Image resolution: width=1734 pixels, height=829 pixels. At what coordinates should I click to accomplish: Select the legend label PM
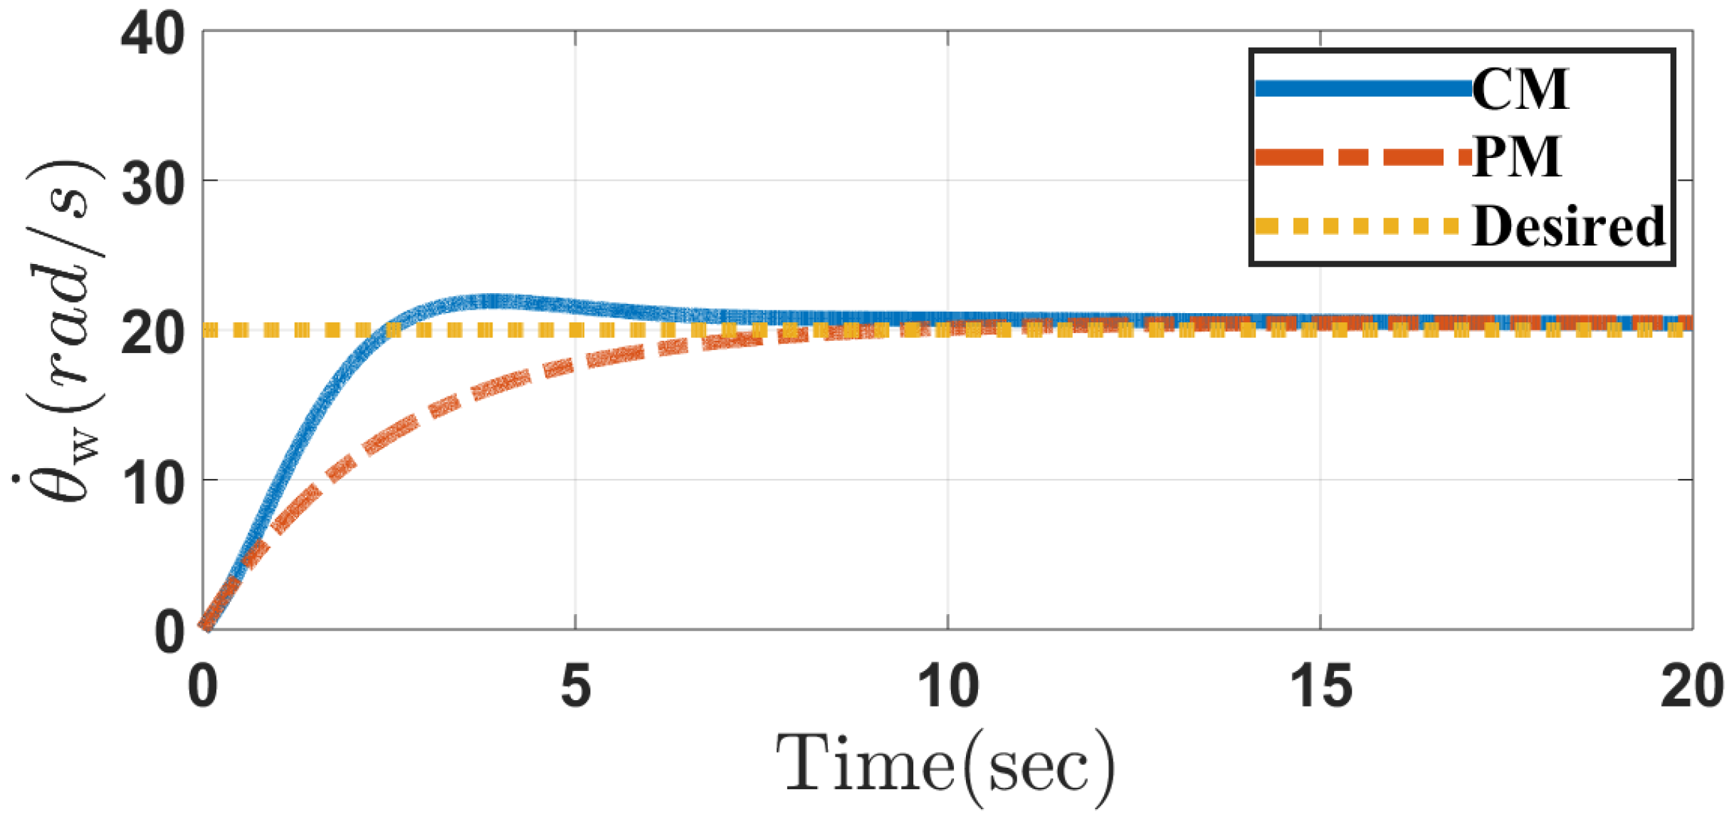point(1516,157)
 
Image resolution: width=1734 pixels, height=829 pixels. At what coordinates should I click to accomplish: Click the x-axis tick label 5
point(576,687)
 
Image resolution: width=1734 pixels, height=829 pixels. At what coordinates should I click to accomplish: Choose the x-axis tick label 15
point(1320,687)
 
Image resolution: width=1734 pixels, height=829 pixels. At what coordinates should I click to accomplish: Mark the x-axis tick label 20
point(1691,687)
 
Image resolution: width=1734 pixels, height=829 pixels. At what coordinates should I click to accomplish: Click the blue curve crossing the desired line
point(390,329)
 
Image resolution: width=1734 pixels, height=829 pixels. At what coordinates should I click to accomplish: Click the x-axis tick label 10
point(947,687)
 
